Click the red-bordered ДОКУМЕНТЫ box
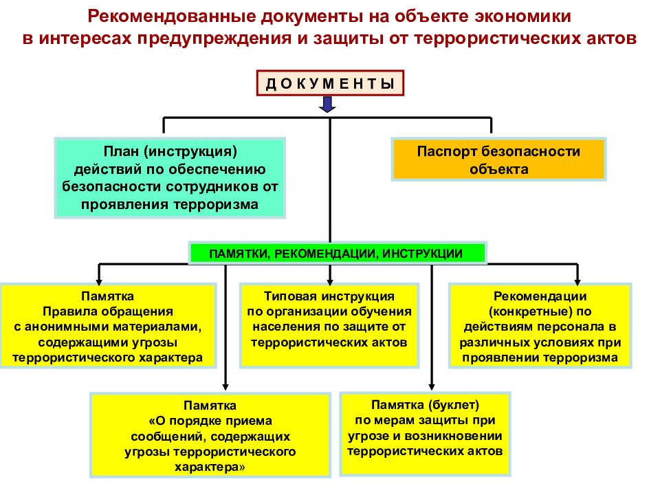pyautogui.click(x=330, y=83)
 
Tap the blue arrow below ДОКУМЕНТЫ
pyautogui.click(x=327, y=104)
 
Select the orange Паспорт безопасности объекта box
pyautogui.click(x=499, y=159)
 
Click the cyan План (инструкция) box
pyautogui.click(x=170, y=177)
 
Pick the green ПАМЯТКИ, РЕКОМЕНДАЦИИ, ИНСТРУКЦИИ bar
pyautogui.click(x=337, y=253)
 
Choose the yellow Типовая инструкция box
pyautogui.click(x=329, y=325)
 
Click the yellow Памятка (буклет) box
pyautogui.click(x=425, y=434)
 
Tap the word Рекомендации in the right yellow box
pyautogui.click(x=540, y=296)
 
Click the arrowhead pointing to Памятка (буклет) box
pyautogui.click(x=432, y=386)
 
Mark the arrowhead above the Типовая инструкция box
pyautogui.click(x=330, y=281)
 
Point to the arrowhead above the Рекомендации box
pyautogui.click(x=577, y=281)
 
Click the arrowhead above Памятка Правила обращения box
pyautogui.click(x=99, y=281)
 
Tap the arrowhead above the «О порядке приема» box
pyautogui.click(x=225, y=386)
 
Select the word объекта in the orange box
pyautogui.click(x=499, y=169)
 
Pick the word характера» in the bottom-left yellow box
pyautogui.click(x=210, y=467)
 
